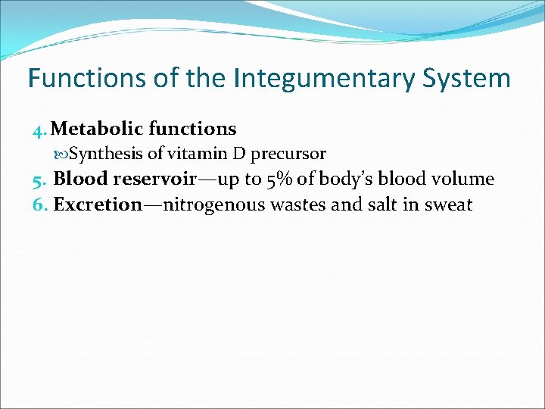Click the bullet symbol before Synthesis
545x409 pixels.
click(x=63, y=155)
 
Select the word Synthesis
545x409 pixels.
click(x=106, y=155)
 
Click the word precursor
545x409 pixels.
click(x=288, y=155)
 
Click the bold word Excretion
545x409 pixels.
click(x=98, y=204)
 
